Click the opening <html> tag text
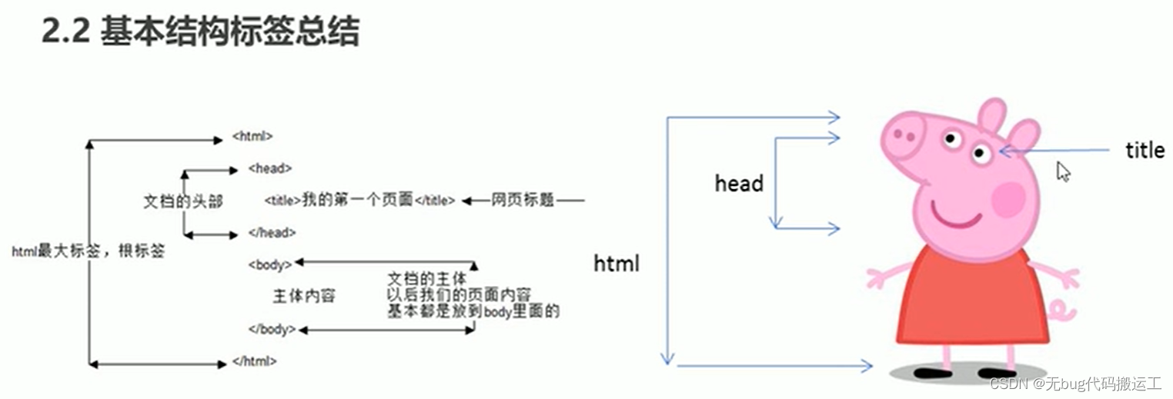252,137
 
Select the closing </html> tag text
254,361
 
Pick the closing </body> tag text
272,329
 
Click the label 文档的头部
183,201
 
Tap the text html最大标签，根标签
88,251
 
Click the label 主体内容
304,296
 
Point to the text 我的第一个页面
357,201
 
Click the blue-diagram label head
739,184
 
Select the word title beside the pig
1145,151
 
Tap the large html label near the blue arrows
617,264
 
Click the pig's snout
904,135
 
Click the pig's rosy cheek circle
1008,199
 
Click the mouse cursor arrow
1064,171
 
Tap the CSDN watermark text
1075,384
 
